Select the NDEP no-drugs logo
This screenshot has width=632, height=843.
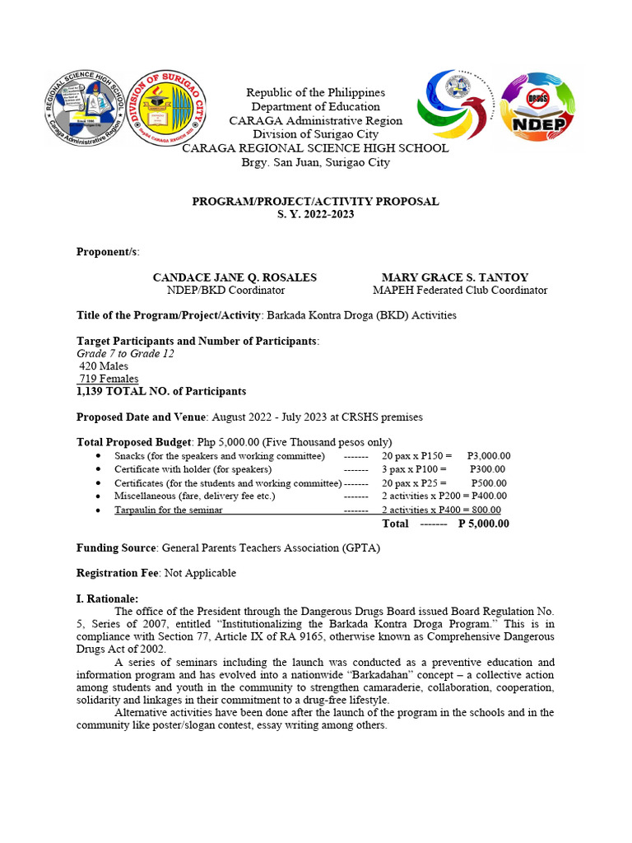(x=537, y=107)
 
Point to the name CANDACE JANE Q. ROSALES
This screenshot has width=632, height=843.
(x=235, y=277)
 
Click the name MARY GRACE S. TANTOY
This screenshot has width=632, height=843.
(x=455, y=277)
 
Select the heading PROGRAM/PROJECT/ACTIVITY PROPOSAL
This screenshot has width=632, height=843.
(x=315, y=201)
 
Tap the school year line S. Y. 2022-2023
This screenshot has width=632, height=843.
(x=315, y=214)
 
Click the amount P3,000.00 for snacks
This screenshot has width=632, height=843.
(x=488, y=455)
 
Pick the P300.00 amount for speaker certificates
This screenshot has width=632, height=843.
(x=488, y=469)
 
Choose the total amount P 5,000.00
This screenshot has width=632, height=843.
(x=483, y=523)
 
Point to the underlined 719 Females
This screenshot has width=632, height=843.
(x=109, y=379)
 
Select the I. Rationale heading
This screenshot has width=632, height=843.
(x=108, y=598)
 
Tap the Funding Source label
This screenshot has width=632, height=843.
(x=116, y=547)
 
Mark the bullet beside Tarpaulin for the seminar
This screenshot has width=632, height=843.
(x=99, y=510)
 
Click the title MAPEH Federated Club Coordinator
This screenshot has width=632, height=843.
(x=459, y=291)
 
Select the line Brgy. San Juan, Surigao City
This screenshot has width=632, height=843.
(x=315, y=162)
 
